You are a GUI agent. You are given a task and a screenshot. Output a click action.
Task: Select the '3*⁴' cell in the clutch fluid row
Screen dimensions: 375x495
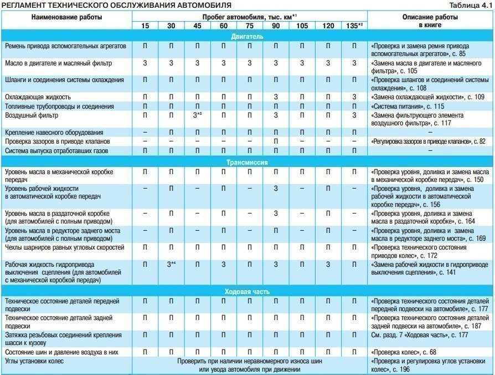coord(172,264)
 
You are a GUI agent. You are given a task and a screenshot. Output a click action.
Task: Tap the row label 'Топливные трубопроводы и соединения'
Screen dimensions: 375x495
coord(59,106)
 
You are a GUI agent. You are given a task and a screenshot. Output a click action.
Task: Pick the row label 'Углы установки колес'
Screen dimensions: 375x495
coord(34,361)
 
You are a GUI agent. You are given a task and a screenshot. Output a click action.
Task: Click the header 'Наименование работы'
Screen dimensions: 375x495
coord(66,17)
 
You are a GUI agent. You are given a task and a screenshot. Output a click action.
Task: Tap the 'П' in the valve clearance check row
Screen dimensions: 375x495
coord(275,141)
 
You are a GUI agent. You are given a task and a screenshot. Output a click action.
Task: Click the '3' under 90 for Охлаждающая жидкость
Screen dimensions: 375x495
coord(275,97)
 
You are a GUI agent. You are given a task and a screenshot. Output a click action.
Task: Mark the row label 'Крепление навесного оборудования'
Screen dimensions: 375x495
coord(54,133)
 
